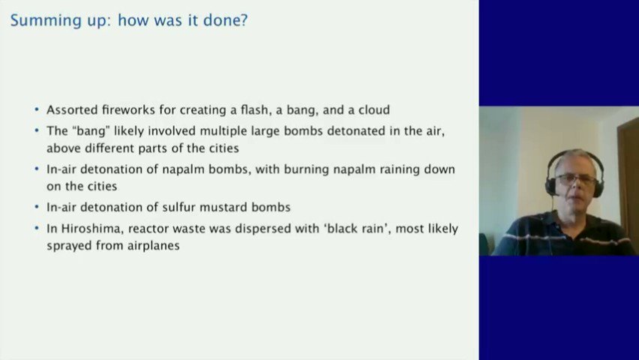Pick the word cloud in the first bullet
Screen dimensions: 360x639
(x=373, y=109)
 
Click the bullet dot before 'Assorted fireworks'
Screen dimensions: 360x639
(x=37, y=110)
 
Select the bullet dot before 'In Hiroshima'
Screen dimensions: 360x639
(x=37, y=229)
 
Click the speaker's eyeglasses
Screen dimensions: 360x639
(x=576, y=179)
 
